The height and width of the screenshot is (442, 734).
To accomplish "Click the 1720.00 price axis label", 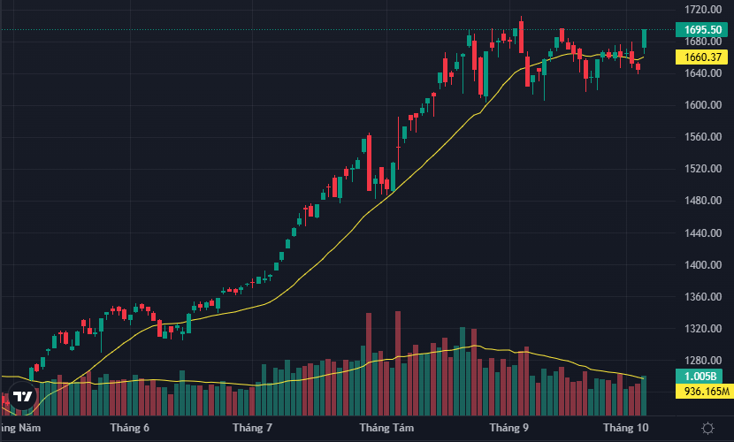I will (x=702, y=10).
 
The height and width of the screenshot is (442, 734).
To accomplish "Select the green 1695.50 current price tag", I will (x=703, y=29).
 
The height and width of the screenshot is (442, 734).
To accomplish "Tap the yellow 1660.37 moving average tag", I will (x=703, y=57).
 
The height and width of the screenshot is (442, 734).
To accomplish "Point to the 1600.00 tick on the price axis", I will (x=702, y=105).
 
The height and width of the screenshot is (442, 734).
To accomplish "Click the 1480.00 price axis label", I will (x=702, y=201).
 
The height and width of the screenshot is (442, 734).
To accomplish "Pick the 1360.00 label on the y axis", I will (x=702, y=297).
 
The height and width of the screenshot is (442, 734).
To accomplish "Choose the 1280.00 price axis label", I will (x=702, y=361).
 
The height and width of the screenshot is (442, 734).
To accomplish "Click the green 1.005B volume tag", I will (x=703, y=376).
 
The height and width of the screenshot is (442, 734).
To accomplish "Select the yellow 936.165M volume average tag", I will (x=704, y=391).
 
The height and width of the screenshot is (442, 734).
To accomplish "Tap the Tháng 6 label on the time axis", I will (x=130, y=428).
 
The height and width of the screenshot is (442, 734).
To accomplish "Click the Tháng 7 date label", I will (x=252, y=428).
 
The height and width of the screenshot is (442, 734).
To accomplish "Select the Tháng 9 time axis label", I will (x=508, y=428).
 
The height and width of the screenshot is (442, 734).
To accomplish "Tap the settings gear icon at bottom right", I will (x=707, y=428).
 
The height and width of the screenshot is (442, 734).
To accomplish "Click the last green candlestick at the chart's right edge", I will (x=645, y=38).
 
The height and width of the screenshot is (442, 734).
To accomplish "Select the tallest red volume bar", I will (x=398, y=362).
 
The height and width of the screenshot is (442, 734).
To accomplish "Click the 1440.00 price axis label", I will (x=702, y=233).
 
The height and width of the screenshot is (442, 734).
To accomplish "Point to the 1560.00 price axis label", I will (x=702, y=137).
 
